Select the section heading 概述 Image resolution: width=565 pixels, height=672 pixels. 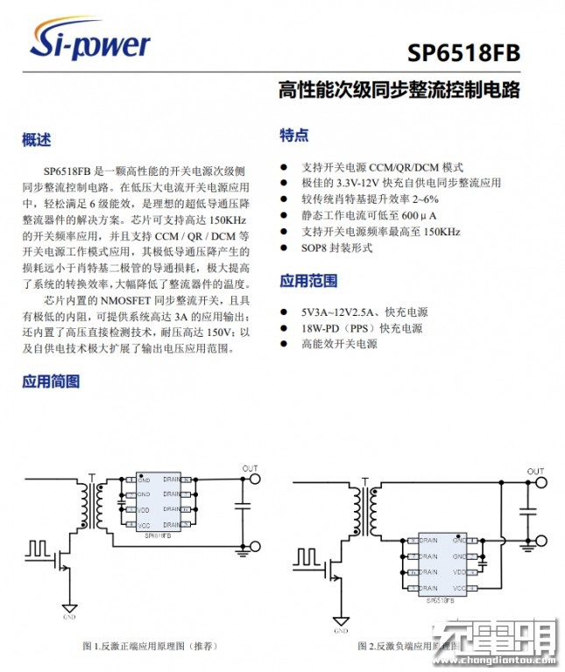37,139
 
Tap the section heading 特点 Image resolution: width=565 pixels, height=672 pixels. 293,135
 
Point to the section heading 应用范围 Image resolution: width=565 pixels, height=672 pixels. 308,281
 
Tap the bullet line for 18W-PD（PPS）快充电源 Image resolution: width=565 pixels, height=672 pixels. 362,328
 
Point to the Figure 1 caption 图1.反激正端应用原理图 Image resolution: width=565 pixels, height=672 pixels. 150,646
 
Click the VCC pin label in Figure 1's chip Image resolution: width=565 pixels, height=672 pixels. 145,525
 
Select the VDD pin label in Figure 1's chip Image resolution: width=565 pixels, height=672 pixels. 145,509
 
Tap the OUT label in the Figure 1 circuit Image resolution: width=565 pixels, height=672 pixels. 251,467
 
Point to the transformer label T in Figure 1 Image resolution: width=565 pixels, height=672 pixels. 92,478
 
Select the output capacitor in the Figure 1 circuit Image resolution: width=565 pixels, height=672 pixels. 242,505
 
